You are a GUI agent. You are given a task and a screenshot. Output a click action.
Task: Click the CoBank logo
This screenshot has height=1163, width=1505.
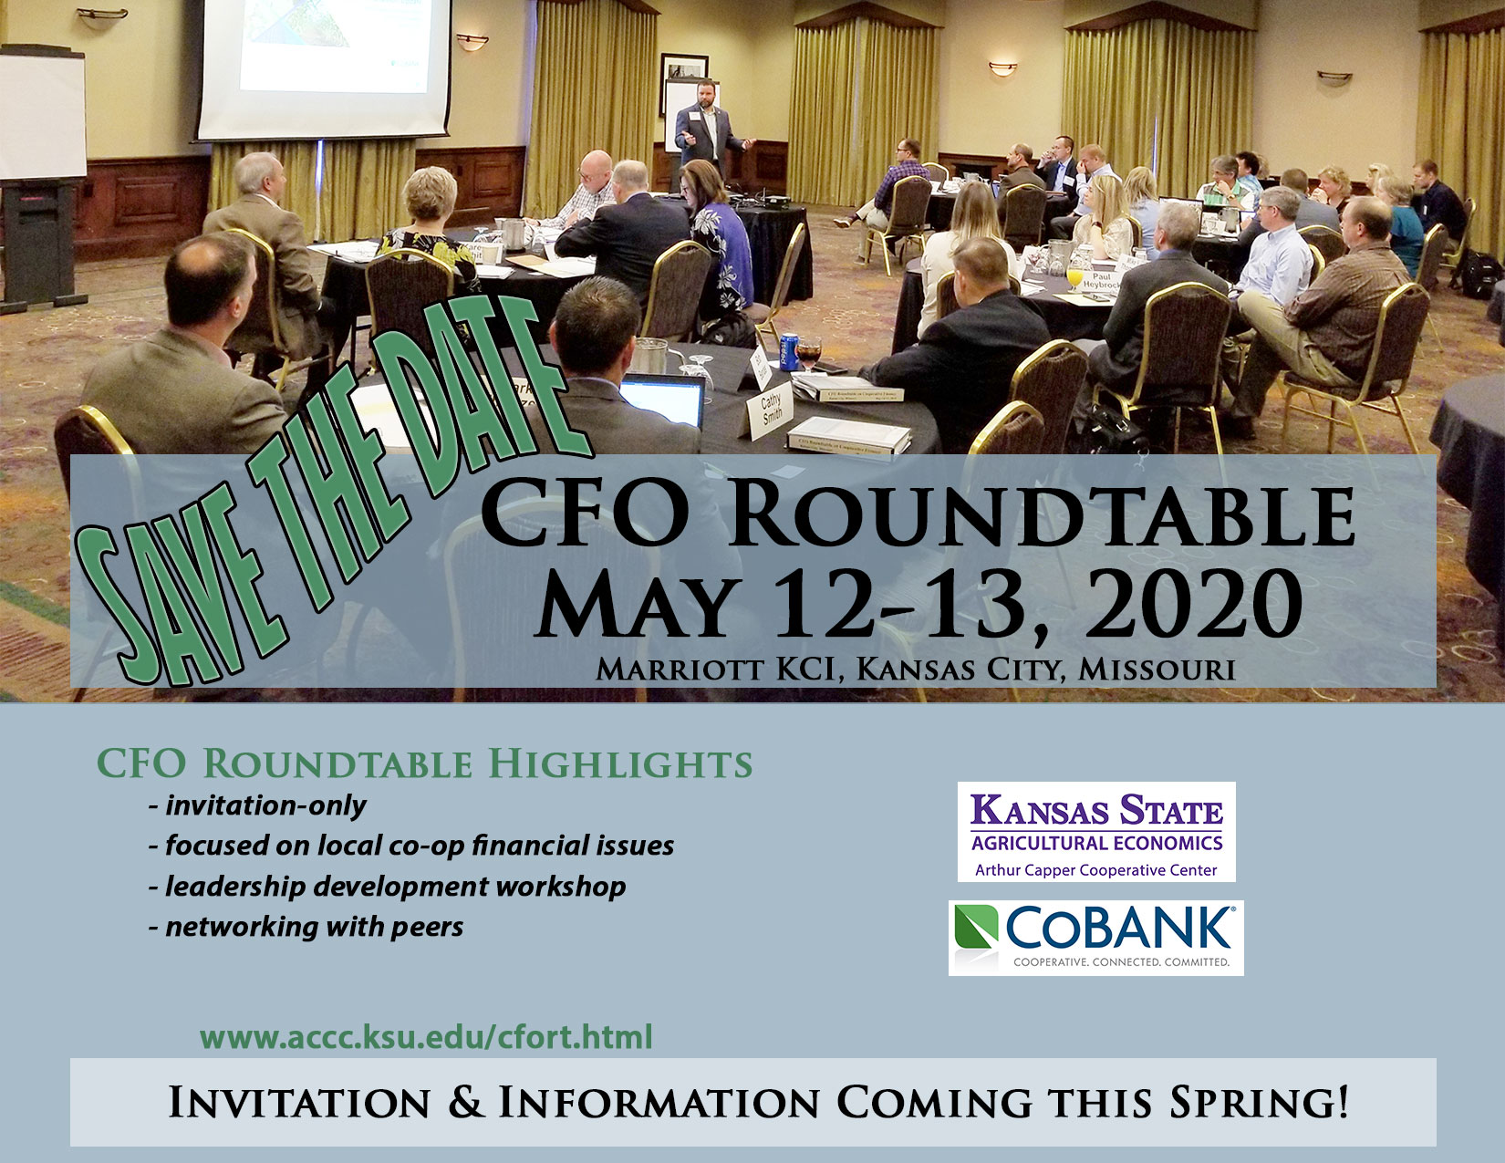(x=1095, y=937)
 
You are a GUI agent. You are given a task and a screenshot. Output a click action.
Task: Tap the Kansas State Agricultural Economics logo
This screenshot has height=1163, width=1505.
(x=1095, y=831)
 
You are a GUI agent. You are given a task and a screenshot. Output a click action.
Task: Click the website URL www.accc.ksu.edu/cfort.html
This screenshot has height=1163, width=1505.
(x=426, y=1037)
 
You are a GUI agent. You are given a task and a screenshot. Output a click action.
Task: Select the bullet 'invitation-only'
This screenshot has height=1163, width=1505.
(x=265, y=805)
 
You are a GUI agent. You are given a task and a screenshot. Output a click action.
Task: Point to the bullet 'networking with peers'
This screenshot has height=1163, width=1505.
(x=314, y=927)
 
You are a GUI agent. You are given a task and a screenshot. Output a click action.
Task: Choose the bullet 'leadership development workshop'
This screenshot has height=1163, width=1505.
(x=395, y=887)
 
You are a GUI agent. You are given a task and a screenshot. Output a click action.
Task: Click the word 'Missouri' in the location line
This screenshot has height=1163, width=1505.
(x=1156, y=670)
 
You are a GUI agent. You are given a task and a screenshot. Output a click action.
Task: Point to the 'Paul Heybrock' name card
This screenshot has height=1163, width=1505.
(x=1100, y=280)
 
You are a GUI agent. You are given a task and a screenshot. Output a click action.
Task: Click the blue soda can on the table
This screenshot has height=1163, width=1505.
(x=789, y=352)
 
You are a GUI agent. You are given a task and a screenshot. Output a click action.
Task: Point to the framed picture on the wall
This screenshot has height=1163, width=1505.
(x=683, y=78)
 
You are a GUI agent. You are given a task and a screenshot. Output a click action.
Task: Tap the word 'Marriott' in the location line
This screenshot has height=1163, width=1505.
(x=680, y=670)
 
